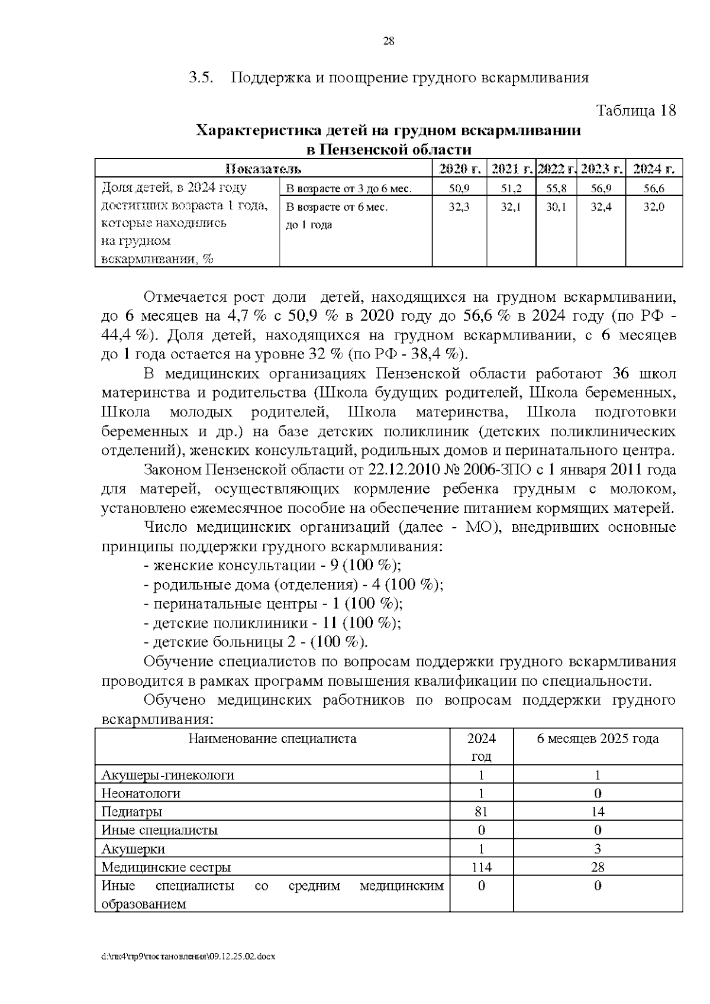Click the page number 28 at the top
point(389,41)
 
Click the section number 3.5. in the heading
point(201,78)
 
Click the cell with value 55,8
point(556,189)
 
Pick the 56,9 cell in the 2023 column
point(601,189)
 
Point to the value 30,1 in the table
point(556,207)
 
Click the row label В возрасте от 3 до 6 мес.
point(348,189)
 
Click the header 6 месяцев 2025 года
point(598,738)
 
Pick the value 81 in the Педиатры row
point(481,812)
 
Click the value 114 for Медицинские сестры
point(481,867)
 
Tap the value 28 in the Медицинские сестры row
point(598,867)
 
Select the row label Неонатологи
point(141,793)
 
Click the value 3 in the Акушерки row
point(598,849)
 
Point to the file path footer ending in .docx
point(189,956)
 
